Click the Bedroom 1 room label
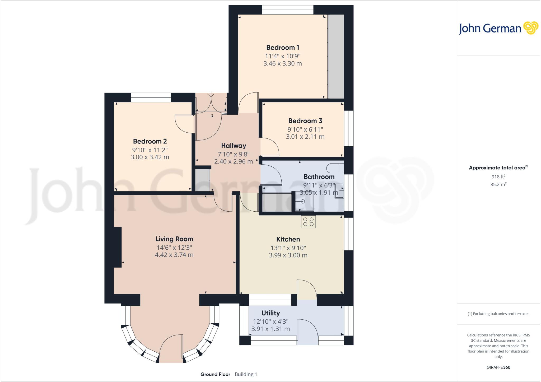(282, 48)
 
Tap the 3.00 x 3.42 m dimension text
(150, 157)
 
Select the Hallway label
(234, 146)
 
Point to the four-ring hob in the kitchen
(308, 222)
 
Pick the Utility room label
(270, 313)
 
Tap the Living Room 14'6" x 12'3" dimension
(174, 248)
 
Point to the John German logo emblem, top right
(531, 28)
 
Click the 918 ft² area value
(498, 177)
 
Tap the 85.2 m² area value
(498, 184)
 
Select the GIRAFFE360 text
(498, 367)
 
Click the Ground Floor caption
(215, 374)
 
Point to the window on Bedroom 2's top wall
(151, 97)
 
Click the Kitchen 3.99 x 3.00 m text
(288, 255)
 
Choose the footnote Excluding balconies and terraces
(498, 314)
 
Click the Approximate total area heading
(497, 168)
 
